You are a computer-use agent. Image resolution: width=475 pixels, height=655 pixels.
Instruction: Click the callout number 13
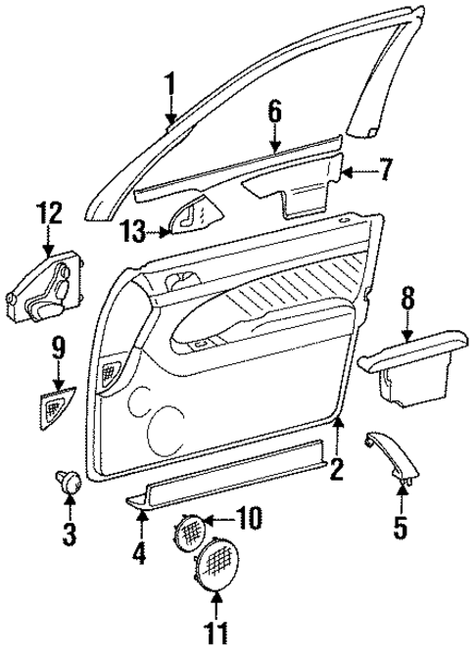134,231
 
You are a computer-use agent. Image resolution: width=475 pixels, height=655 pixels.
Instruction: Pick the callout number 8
406,299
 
